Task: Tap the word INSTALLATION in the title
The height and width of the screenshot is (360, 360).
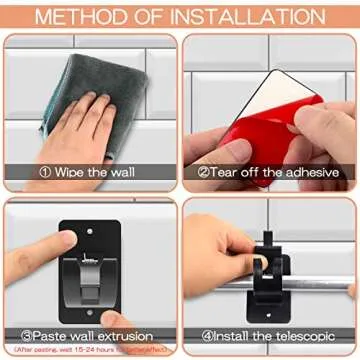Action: pos(243,16)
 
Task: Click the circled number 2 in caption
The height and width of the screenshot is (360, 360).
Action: pos(203,170)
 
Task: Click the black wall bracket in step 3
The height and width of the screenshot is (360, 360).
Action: pos(100,265)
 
